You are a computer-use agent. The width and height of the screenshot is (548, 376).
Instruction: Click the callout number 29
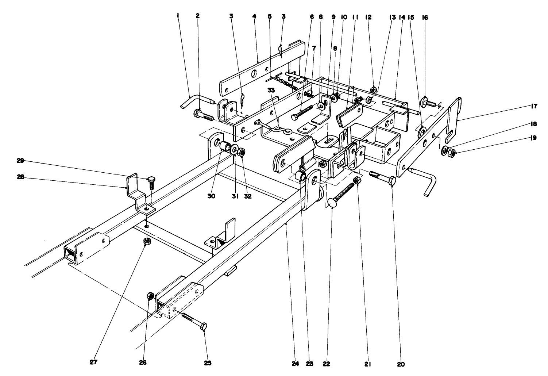[x=20, y=161]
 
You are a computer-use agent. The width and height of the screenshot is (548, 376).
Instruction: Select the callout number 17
[x=534, y=106]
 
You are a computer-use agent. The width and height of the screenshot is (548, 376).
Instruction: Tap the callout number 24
[x=296, y=364]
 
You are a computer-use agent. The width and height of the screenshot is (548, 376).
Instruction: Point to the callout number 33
[x=271, y=90]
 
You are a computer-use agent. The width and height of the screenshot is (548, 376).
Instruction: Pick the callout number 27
[x=93, y=362]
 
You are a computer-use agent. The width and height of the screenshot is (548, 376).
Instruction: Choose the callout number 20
[x=401, y=364]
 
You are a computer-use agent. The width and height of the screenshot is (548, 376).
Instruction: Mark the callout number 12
[x=368, y=17]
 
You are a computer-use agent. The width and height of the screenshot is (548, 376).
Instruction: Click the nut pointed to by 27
[x=147, y=241]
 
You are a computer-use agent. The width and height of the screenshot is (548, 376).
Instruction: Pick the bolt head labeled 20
[x=392, y=181]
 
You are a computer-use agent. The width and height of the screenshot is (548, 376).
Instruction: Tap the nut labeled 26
[x=150, y=296]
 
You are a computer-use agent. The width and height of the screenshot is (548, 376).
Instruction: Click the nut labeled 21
[x=357, y=180]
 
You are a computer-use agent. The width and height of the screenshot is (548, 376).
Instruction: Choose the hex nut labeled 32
[x=242, y=152]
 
